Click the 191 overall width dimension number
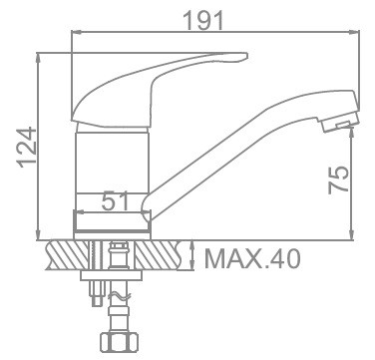(203, 21)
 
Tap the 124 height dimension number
(27, 147)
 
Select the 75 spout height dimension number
(339, 180)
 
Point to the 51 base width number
(115, 201)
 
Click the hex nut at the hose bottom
(119, 342)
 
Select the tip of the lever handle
(245, 56)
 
